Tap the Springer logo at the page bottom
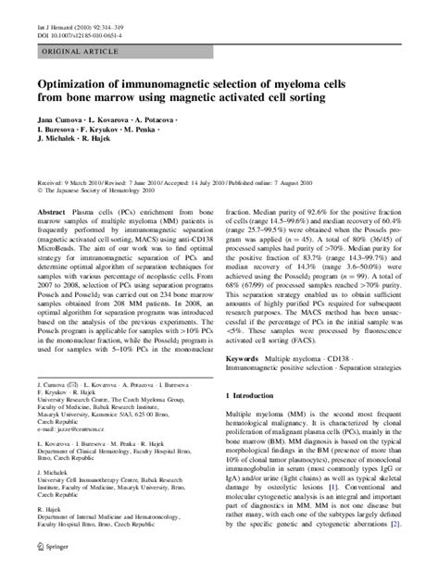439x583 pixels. [54, 571]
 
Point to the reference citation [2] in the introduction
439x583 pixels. [395, 551]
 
